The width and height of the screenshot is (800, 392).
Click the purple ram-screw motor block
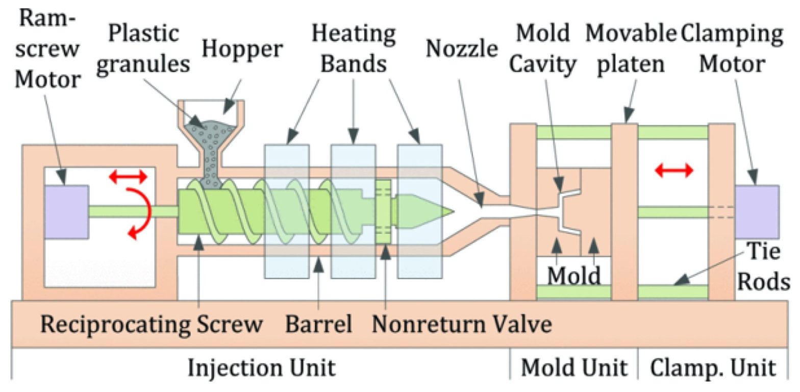pos(66,212)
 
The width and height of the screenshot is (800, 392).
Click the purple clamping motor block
pos(756,212)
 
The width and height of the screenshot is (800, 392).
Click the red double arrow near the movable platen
pos(674,170)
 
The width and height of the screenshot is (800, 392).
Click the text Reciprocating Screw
pos(152,324)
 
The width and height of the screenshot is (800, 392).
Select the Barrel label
pos(319,324)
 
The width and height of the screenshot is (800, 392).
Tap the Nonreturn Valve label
pos(462,324)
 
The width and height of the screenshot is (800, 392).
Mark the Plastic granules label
pos(143,50)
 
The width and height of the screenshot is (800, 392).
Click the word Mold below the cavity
pos(573,276)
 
